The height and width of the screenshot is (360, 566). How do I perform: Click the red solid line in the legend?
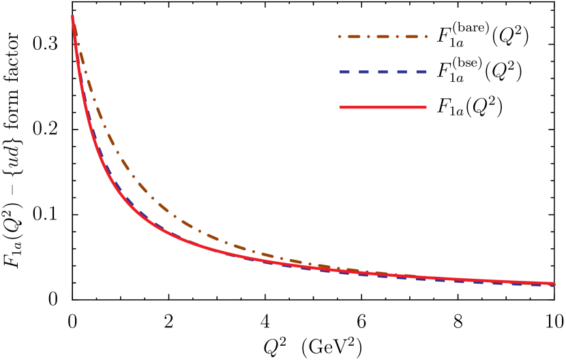tap(383, 107)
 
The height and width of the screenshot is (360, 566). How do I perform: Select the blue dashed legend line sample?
tap(383, 72)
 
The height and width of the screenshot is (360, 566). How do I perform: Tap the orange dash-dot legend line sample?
tap(383, 37)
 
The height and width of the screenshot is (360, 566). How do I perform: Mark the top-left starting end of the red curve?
tap(72, 17)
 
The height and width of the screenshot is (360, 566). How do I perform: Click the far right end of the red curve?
tap(553, 283)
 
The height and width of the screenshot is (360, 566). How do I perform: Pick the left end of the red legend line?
tap(341, 107)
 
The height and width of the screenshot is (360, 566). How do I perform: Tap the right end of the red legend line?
tap(426, 107)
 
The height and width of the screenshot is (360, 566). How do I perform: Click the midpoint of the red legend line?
tap(383, 107)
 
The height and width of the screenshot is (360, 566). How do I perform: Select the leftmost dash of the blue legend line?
tap(345, 72)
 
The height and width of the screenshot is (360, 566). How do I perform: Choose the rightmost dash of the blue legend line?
tap(421, 72)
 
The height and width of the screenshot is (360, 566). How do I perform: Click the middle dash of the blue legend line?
tap(383, 72)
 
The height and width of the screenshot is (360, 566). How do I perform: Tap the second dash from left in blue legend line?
tap(364, 72)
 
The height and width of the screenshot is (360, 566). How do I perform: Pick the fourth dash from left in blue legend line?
tap(402, 72)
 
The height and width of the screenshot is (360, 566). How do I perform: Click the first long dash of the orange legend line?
tap(354, 37)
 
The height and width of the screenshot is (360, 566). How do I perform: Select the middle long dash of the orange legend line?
tap(383, 37)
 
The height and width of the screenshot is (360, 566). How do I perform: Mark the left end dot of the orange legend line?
tap(340, 37)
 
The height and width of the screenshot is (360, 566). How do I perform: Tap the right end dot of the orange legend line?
tap(427, 37)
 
